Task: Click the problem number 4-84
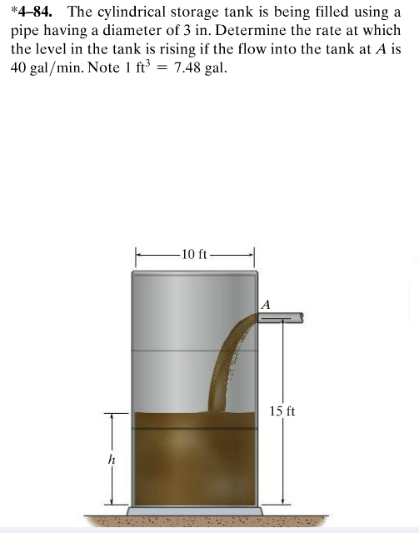[x=35, y=12]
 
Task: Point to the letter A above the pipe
[x=266, y=304]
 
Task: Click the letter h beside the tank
[x=111, y=459]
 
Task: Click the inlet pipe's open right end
[x=301, y=317]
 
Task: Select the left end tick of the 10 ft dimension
[x=136, y=253]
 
